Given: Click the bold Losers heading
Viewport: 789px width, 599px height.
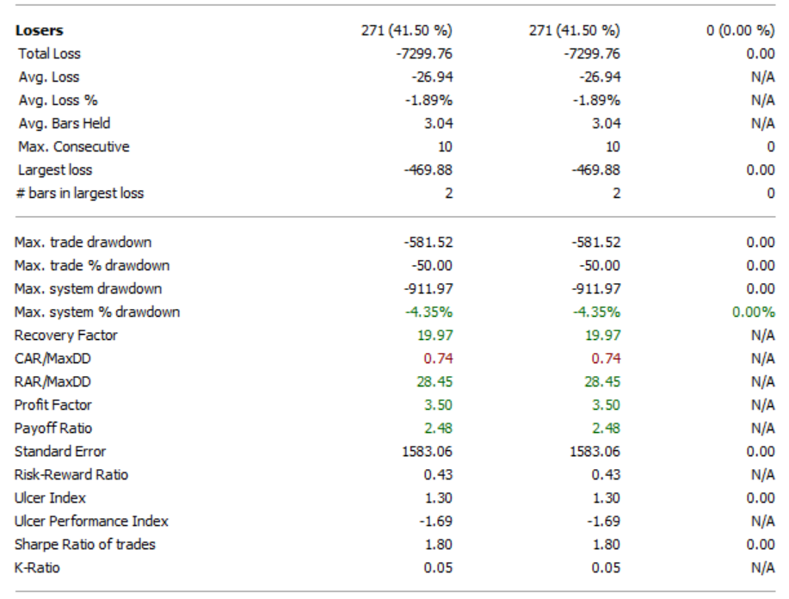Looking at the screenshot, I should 39,31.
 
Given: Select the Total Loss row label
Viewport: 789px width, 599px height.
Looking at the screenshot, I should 49,54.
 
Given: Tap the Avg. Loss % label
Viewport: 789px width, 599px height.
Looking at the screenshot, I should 58,101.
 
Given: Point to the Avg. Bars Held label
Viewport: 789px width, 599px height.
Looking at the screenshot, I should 64,124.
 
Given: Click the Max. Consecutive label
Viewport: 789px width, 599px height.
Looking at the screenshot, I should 73,147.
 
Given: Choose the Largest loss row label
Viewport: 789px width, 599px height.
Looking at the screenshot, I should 54,170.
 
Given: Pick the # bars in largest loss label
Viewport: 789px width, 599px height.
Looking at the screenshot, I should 79,194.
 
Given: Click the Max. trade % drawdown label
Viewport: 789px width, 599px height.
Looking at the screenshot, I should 92,266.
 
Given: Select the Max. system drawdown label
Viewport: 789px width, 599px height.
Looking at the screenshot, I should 88,289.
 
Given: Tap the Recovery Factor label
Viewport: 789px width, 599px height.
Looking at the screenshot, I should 65,336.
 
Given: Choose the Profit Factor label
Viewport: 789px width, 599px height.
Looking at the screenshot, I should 52,405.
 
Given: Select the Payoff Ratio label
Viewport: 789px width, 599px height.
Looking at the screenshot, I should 52,429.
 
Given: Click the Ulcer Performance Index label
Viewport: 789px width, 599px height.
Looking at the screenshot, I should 91,522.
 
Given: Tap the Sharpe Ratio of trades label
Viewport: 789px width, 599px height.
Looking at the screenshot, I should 84,545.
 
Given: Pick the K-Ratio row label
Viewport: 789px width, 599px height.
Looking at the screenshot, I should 37,568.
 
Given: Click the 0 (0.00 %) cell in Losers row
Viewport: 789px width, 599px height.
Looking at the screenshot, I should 740,31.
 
